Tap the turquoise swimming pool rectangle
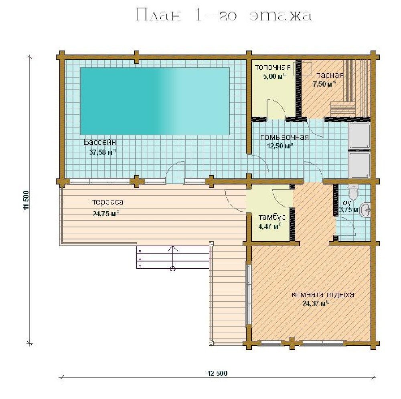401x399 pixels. (155, 101)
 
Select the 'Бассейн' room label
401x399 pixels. (100, 142)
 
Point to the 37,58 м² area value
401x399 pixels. (103, 152)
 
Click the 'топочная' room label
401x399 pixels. (273, 67)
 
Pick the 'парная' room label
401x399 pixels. (330, 75)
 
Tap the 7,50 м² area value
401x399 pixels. (324, 84)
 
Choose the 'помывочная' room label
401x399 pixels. (285, 138)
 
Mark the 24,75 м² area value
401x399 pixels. (106, 213)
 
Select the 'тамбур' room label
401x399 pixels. (272, 217)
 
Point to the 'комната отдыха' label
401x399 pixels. (323, 295)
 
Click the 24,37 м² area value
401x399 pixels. (316, 304)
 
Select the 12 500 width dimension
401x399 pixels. (218, 374)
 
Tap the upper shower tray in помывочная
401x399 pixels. (360, 136)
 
